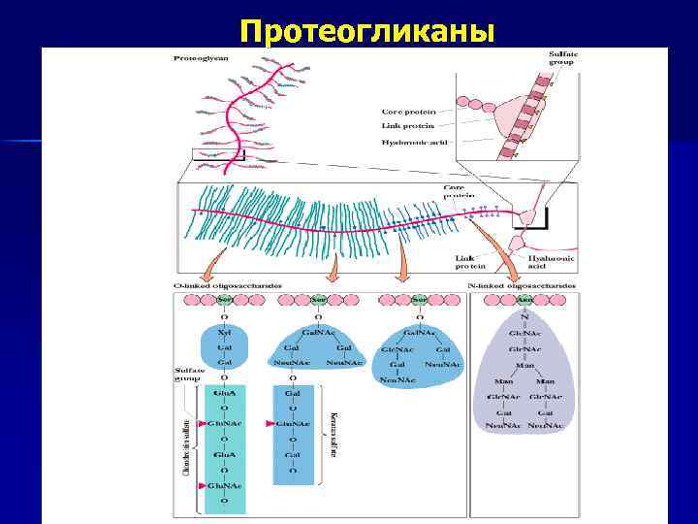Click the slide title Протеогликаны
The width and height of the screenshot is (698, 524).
click(x=367, y=32)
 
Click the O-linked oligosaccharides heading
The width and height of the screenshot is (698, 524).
click(x=214, y=287)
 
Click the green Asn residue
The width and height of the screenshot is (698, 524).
click(x=523, y=300)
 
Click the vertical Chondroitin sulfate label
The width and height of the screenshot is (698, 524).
click(x=185, y=442)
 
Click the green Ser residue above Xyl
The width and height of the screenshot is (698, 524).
click(x=224, y=300)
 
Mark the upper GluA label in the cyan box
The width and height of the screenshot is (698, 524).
click(x=224, y=393)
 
